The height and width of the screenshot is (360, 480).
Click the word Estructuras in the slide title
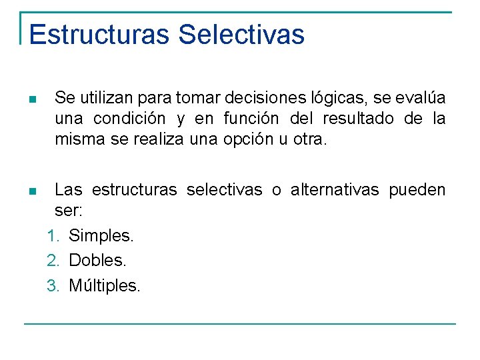99,35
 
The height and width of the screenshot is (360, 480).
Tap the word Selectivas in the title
242,35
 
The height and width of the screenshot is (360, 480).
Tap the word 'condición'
129,119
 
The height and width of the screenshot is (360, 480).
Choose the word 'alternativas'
334,191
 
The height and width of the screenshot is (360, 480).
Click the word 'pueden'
417,191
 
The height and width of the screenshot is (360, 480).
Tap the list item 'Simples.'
101,235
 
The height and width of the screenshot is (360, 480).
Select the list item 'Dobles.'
97,261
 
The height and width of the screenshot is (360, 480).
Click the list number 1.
51,235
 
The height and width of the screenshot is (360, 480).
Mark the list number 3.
51,286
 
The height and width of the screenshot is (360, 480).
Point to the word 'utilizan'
107,99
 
